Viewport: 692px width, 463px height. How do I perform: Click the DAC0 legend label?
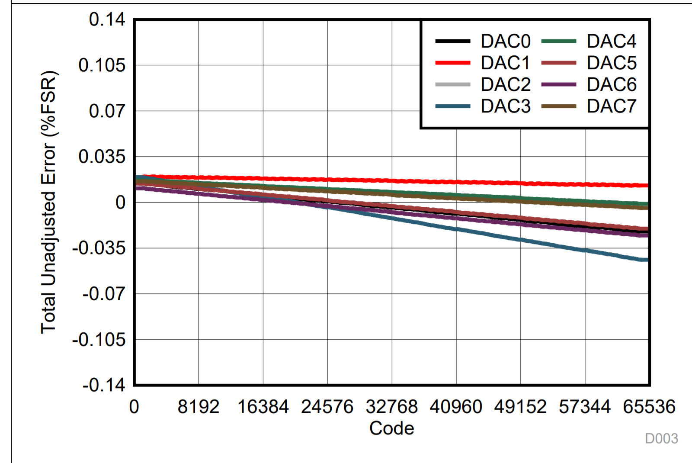point(505,42)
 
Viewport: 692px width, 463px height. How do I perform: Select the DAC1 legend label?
point(505,63)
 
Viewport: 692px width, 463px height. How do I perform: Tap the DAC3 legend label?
point(505,106)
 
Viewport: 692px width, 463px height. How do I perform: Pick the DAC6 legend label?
point(611,84)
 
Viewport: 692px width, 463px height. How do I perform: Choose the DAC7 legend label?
point(611,106)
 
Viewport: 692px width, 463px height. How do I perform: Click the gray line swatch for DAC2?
point(452,84)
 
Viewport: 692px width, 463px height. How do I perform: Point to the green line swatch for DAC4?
point(558,42)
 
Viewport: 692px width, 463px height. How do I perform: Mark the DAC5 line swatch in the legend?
point(558,63)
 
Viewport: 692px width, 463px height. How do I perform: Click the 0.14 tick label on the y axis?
point(107,19)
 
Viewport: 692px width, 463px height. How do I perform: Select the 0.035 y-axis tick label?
point(102,157)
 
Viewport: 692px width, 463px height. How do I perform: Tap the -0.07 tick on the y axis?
point(104,294)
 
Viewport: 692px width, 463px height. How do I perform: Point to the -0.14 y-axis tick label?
point(104,385)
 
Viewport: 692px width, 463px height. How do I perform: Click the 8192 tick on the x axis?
point(199,407)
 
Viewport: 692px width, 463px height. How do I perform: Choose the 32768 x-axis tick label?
point(391,407)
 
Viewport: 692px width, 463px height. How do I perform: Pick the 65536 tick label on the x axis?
point(649,407)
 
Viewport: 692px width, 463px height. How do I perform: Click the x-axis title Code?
point(391,428)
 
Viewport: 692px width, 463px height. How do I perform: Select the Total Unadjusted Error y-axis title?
point(49,202)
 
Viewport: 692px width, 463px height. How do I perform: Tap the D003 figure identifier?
point(661,439)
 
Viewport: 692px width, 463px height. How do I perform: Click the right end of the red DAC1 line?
point(647,185)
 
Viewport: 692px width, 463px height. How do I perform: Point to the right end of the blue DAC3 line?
point(646,260)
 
